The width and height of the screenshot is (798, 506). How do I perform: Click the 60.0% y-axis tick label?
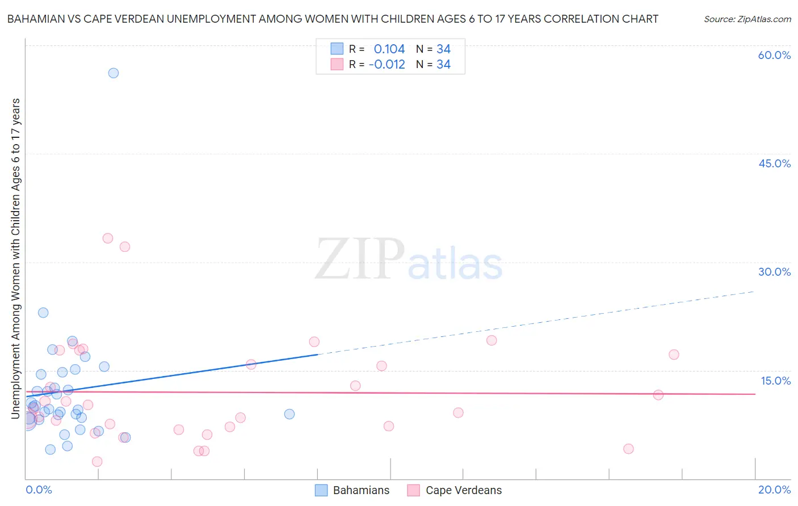tap(774, 55)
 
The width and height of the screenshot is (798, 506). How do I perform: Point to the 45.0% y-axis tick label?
tap(774, 163)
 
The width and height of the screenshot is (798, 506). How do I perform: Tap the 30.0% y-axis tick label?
tap(774, 272)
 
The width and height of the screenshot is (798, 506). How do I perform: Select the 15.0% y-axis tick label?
tap(775, 381)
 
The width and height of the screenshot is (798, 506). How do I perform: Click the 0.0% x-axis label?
tap(39, 490)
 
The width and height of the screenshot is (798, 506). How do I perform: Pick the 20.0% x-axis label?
tap(774, 490)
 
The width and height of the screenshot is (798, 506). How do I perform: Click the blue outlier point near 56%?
tap(114, 73)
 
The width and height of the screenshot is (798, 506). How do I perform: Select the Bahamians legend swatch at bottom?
tap(322, 490)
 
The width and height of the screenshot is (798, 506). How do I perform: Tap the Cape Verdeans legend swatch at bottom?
tap(414, 490)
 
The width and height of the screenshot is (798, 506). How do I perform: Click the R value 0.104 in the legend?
tap(389, 49)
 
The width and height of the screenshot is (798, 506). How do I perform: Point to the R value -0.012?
tap(387, 65)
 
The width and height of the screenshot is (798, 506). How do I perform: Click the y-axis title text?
tap(16, 258)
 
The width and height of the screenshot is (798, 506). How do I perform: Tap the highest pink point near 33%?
tap(108, 238)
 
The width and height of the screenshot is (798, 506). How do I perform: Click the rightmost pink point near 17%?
tap(674, 355)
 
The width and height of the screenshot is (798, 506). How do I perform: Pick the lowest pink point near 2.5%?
tap(97, 462)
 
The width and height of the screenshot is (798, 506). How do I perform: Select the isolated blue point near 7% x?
tap(289, 414)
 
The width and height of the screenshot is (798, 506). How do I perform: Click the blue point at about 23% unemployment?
tap(43, 313)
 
